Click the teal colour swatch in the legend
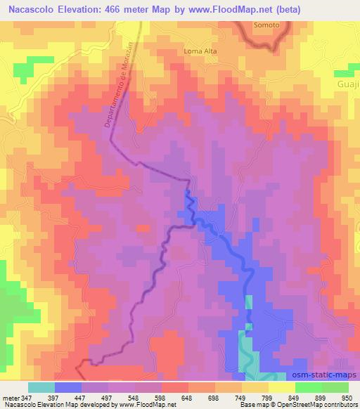point(41,387)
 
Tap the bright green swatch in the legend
point(335,387)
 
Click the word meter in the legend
point(11,397)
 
